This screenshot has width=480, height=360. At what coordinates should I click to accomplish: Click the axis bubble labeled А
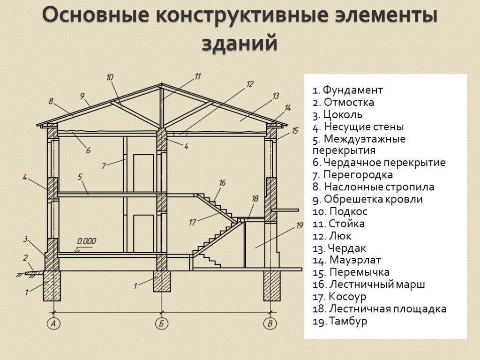[53, 323]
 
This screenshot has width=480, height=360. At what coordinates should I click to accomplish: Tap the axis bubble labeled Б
[162, 323]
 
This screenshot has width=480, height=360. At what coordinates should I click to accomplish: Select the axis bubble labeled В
[270, 323]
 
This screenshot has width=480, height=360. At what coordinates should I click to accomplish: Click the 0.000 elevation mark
[86, 241]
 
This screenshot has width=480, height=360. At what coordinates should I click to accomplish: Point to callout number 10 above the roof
[110, 77]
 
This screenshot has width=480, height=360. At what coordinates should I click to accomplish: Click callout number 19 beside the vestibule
[299, 225]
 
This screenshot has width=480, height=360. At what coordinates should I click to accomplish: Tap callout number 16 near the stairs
[222, 183]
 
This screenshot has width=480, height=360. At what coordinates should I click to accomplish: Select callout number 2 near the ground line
[26, 258]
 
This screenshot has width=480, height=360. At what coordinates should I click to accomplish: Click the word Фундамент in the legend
[352, 90]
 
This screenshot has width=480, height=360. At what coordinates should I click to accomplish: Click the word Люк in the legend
[340, 236]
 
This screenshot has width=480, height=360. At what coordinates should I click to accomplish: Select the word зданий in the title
[240, 43]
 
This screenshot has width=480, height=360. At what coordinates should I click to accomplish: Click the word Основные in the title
[96, 15]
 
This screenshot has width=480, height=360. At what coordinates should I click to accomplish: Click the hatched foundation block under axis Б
[162, 281]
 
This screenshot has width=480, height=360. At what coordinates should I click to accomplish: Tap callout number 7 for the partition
[104, 166]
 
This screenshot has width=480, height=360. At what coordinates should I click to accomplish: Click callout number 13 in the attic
[276, 96]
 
